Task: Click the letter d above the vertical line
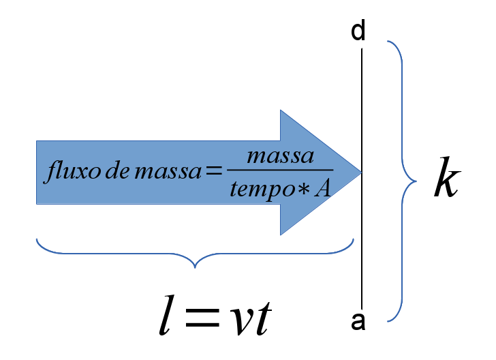pos(358,31)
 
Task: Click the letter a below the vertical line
pos(358,321)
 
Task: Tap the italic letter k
pos(447,177)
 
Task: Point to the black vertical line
pos(362,178)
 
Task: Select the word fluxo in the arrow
pos(74,171)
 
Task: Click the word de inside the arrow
pos(117,171)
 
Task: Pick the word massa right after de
pos(168,173)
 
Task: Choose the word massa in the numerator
pos(280,156)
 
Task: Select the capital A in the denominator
pos(322,189)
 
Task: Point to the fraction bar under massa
pos(280,170)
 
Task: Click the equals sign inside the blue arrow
pos(214,171)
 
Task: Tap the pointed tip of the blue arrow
pos(361,172)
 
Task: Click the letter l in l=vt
pos(168,315)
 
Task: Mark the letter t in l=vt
pos(263,318)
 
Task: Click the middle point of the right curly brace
pos(416,181)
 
